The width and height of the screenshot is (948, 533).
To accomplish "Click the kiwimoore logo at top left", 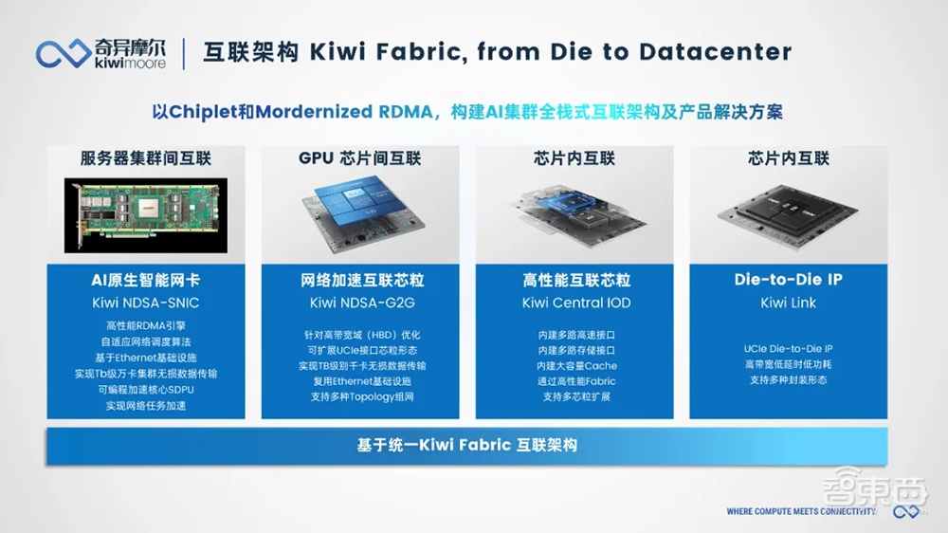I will point(101,52).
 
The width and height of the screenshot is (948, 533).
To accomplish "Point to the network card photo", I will point(146,215).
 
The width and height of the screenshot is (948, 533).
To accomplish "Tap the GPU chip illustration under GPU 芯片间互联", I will point(360,213).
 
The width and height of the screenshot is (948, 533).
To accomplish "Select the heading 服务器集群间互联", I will point(146,158).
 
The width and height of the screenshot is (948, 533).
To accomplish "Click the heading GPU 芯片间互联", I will point(360,158).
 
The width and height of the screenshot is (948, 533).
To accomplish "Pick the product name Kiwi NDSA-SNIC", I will point(146,303).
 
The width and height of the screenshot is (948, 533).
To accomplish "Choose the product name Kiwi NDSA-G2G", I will point(361,303).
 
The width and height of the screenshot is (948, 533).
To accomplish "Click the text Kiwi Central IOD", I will point(575,303).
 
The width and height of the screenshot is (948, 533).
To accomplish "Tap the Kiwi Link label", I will point(788,303).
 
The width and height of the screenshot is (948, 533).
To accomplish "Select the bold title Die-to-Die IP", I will point(788,280).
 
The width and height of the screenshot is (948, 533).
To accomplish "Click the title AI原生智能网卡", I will point(146,281).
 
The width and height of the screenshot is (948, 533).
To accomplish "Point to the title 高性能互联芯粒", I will point(575,281).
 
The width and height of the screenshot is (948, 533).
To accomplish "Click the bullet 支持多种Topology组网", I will point(361,396).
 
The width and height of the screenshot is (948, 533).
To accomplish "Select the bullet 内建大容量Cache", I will point(575,365).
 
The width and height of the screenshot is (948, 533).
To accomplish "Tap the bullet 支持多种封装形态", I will point(788,380).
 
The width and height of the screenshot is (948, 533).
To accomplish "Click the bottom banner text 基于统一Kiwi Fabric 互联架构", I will point(466,445).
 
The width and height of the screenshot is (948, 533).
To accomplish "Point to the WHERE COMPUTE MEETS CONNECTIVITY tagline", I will point(801,511).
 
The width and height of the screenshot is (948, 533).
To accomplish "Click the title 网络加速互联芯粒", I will point(361,281).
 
